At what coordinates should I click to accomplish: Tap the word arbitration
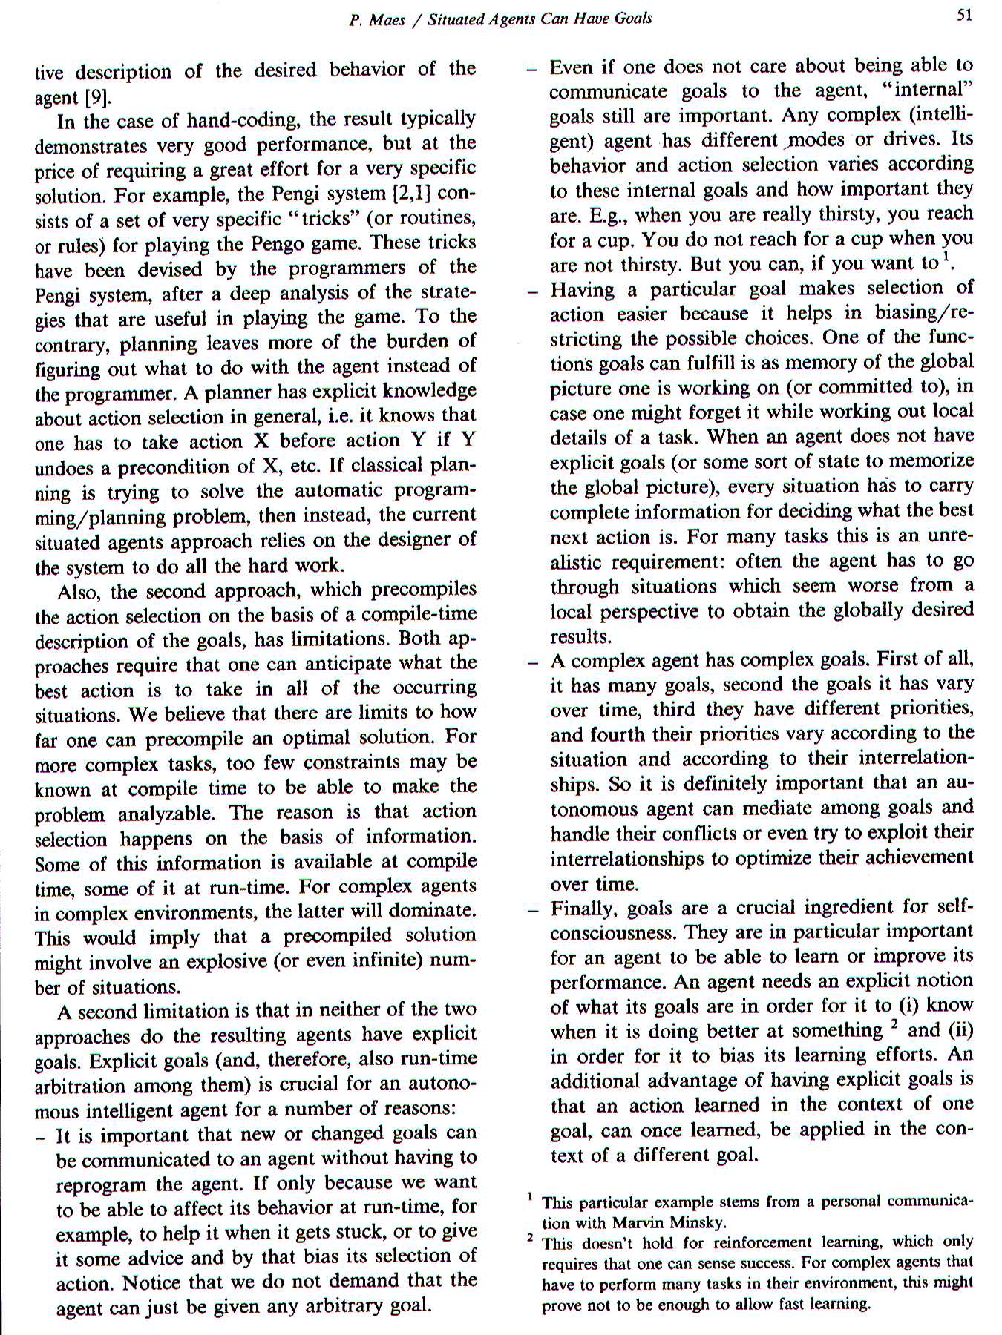point(80,1087)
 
